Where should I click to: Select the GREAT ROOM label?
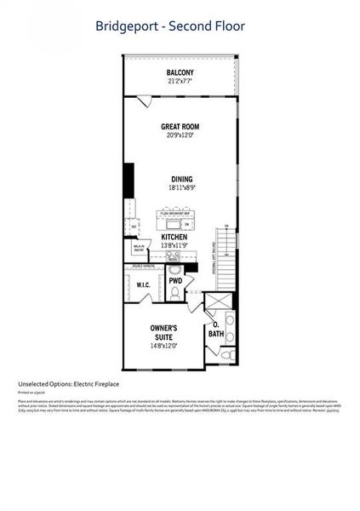coord(180,127)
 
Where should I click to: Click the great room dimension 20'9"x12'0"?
coord(180,136)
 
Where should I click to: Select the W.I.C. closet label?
coord(143,285)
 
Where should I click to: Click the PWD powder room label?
coord(175,280)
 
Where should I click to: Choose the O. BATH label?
coord(216,329)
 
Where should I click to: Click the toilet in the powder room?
coord(174,293)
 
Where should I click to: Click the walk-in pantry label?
coord(135,250)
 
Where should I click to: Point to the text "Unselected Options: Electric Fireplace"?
coord(70,384)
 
